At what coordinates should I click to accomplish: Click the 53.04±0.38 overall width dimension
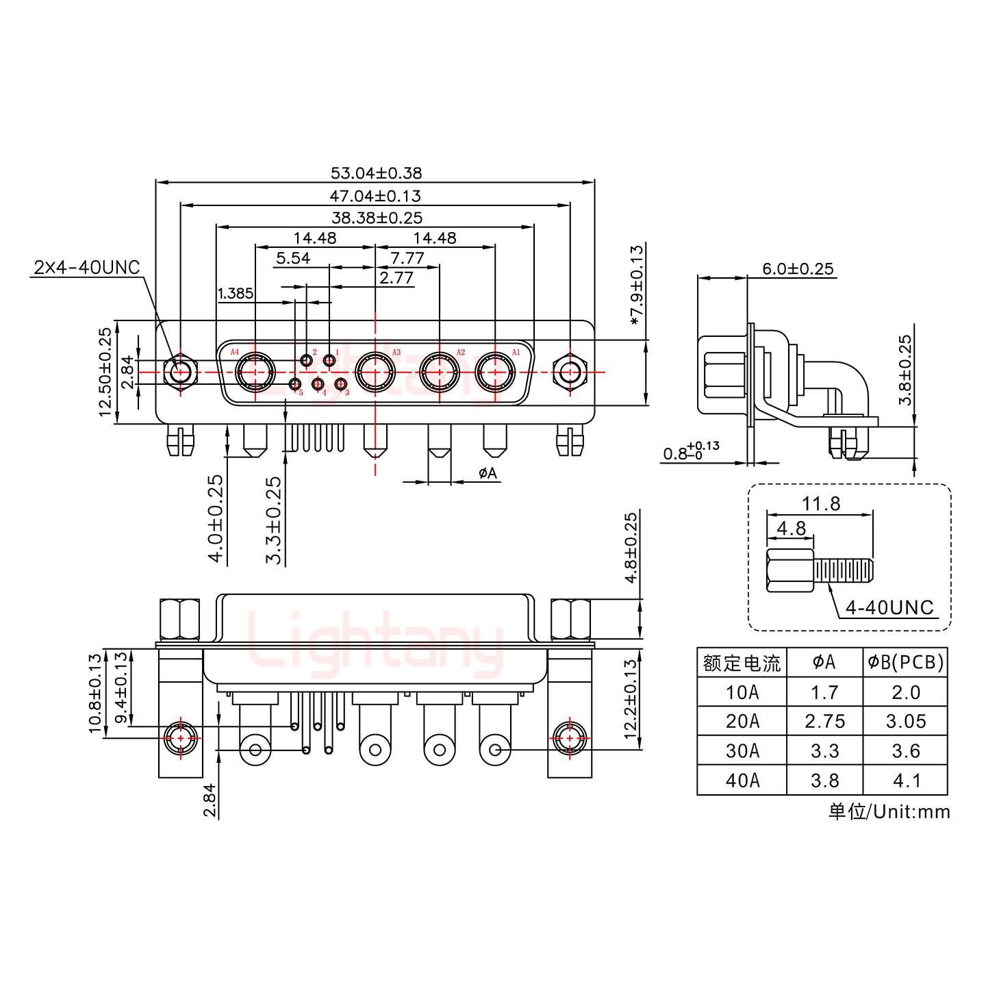[x=376, y=173]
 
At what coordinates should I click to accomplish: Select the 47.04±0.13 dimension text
[x=375, y=196]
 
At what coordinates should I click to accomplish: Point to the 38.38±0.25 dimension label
[x=377, y=218]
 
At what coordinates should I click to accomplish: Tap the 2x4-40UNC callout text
[x=86, y=267]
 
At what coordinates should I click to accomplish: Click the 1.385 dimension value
[x=235, y=294]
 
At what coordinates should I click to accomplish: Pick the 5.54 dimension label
[x=292, y=258]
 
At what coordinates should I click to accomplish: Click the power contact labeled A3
[x=375, y=374]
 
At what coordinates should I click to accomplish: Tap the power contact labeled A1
[x=495, y=374]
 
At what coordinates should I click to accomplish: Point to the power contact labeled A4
[x=255, y=374]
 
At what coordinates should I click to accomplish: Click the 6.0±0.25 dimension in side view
[x=798, y=268]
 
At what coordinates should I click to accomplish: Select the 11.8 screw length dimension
[x=821, y=504]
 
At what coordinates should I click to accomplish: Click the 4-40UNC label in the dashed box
[x=889, y=607]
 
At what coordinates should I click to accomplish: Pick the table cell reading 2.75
[x=824, y=722]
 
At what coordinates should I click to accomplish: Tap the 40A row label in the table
[x=742, y=781]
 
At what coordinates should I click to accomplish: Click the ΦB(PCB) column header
[x=905, y=662]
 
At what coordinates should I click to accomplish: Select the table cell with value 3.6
[x=905, y=751]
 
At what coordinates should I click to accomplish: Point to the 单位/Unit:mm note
[x=889, y=811]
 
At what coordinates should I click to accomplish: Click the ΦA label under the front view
[x=487, y=473]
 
